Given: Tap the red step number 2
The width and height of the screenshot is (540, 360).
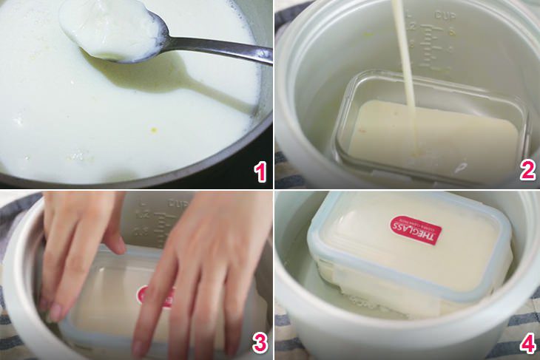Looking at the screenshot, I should (x=527, y=171).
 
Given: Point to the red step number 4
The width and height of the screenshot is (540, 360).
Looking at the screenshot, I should (x=527, y=342).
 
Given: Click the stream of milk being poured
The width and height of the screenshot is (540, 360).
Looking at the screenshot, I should (x=404, y=59).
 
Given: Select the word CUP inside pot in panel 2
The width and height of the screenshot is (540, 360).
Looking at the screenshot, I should (x=445, y=14).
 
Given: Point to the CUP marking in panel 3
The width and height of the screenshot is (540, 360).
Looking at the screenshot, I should (x=180, y=202).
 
